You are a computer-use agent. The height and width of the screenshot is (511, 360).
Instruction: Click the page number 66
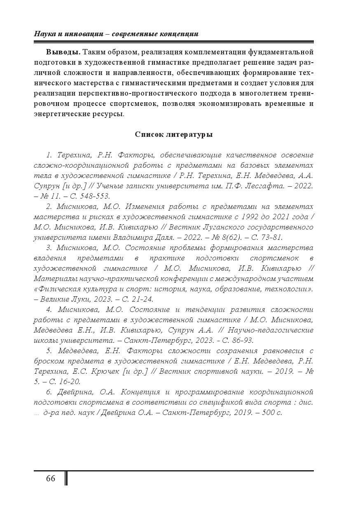coord(51,478)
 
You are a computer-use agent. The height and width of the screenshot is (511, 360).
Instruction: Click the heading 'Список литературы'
coord(174,134)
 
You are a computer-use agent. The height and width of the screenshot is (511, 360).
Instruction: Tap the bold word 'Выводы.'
coord(63,52)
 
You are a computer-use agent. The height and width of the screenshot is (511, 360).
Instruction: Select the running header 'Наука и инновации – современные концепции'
coord(116,34)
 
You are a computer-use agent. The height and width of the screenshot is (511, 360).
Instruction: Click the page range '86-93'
coord(238,340)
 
